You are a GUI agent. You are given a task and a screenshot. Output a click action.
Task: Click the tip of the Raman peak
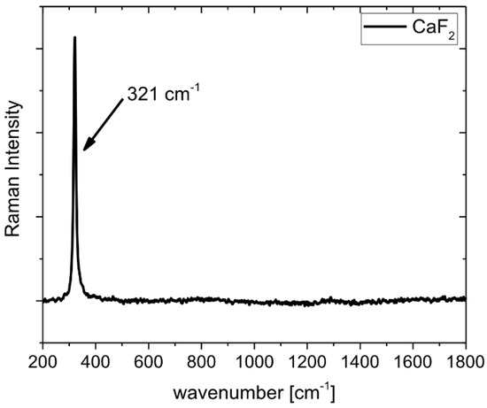(x=74, y=38)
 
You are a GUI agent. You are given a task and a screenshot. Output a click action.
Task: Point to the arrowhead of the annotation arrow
(x=85, y=149)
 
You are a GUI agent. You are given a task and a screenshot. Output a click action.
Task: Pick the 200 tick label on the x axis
(x=43, y=361)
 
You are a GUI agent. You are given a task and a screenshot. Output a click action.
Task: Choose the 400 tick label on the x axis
(x=96, y=361)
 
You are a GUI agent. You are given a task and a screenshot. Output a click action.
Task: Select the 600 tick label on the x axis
(x=148, y=361)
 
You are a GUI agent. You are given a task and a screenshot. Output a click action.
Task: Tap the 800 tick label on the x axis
(x=201, y=361)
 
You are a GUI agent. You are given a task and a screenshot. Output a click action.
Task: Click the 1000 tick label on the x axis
(x=254, y=361)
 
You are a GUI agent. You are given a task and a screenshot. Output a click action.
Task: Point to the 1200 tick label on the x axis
(x=306, y=361)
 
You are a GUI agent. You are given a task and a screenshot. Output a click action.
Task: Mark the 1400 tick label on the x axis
(x=359, y=361)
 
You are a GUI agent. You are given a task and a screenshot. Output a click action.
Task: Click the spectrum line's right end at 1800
(x=465, y=298)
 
